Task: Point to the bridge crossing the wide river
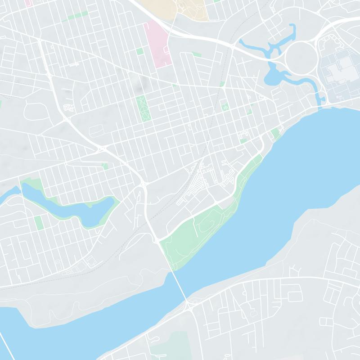click(179, 283)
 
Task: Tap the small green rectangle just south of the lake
click(38, 222)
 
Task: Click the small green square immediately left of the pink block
click(140, 51)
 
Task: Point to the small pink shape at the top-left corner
click(29, 2)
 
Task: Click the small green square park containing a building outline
click(225, 107)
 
